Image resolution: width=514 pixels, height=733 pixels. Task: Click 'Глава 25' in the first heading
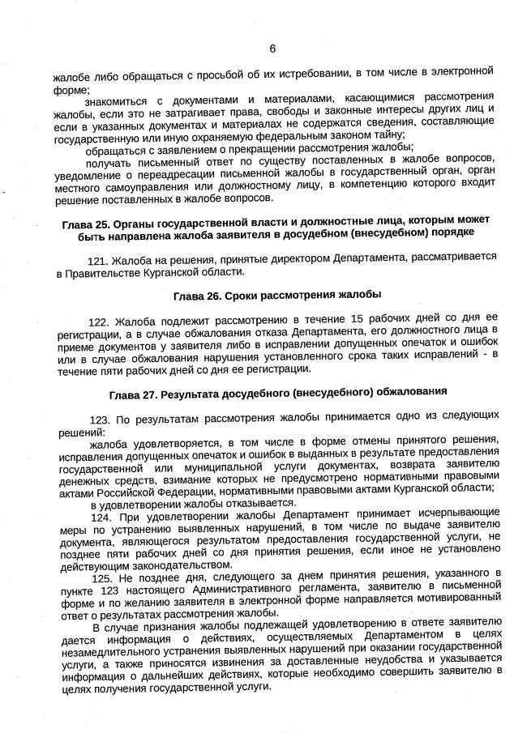pos(86,223)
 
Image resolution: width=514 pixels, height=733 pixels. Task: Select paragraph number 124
pos(101,516)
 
